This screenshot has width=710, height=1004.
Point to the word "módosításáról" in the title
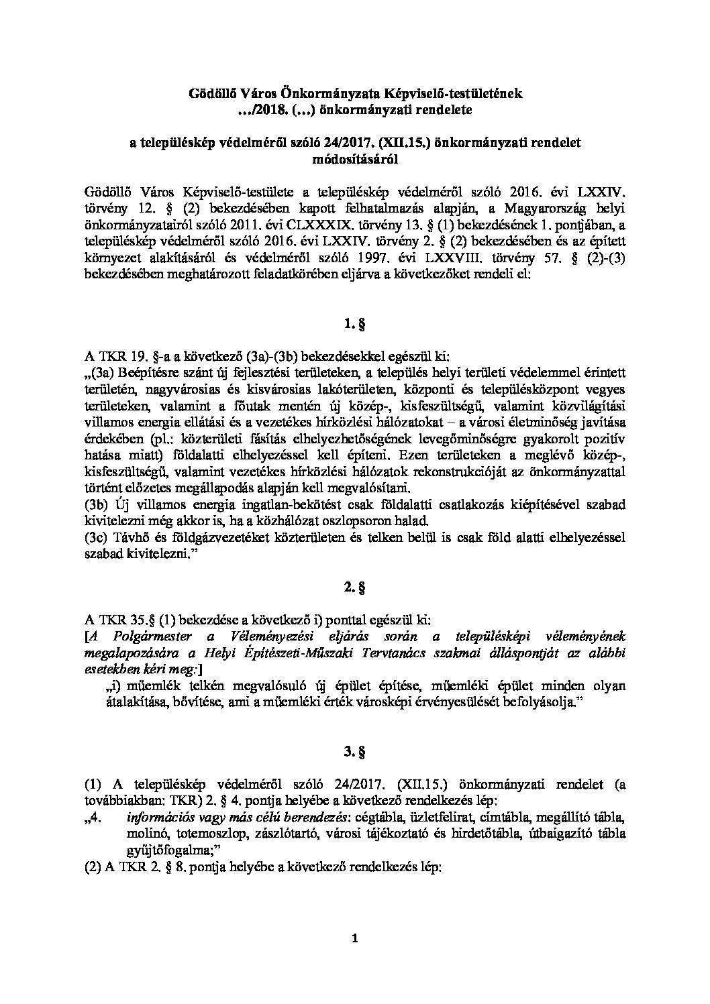point(354,159)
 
